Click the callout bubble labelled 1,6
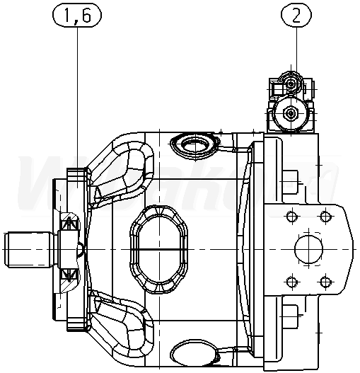point(77,15)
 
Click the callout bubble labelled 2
point(296,15)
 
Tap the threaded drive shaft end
point(28,249)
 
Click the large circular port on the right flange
point(308,248)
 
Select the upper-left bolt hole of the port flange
point(292,217)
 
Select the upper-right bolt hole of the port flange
point(325,217)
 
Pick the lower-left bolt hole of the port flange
point(292,282)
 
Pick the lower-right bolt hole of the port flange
point(325,282)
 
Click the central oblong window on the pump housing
point(158,249)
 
